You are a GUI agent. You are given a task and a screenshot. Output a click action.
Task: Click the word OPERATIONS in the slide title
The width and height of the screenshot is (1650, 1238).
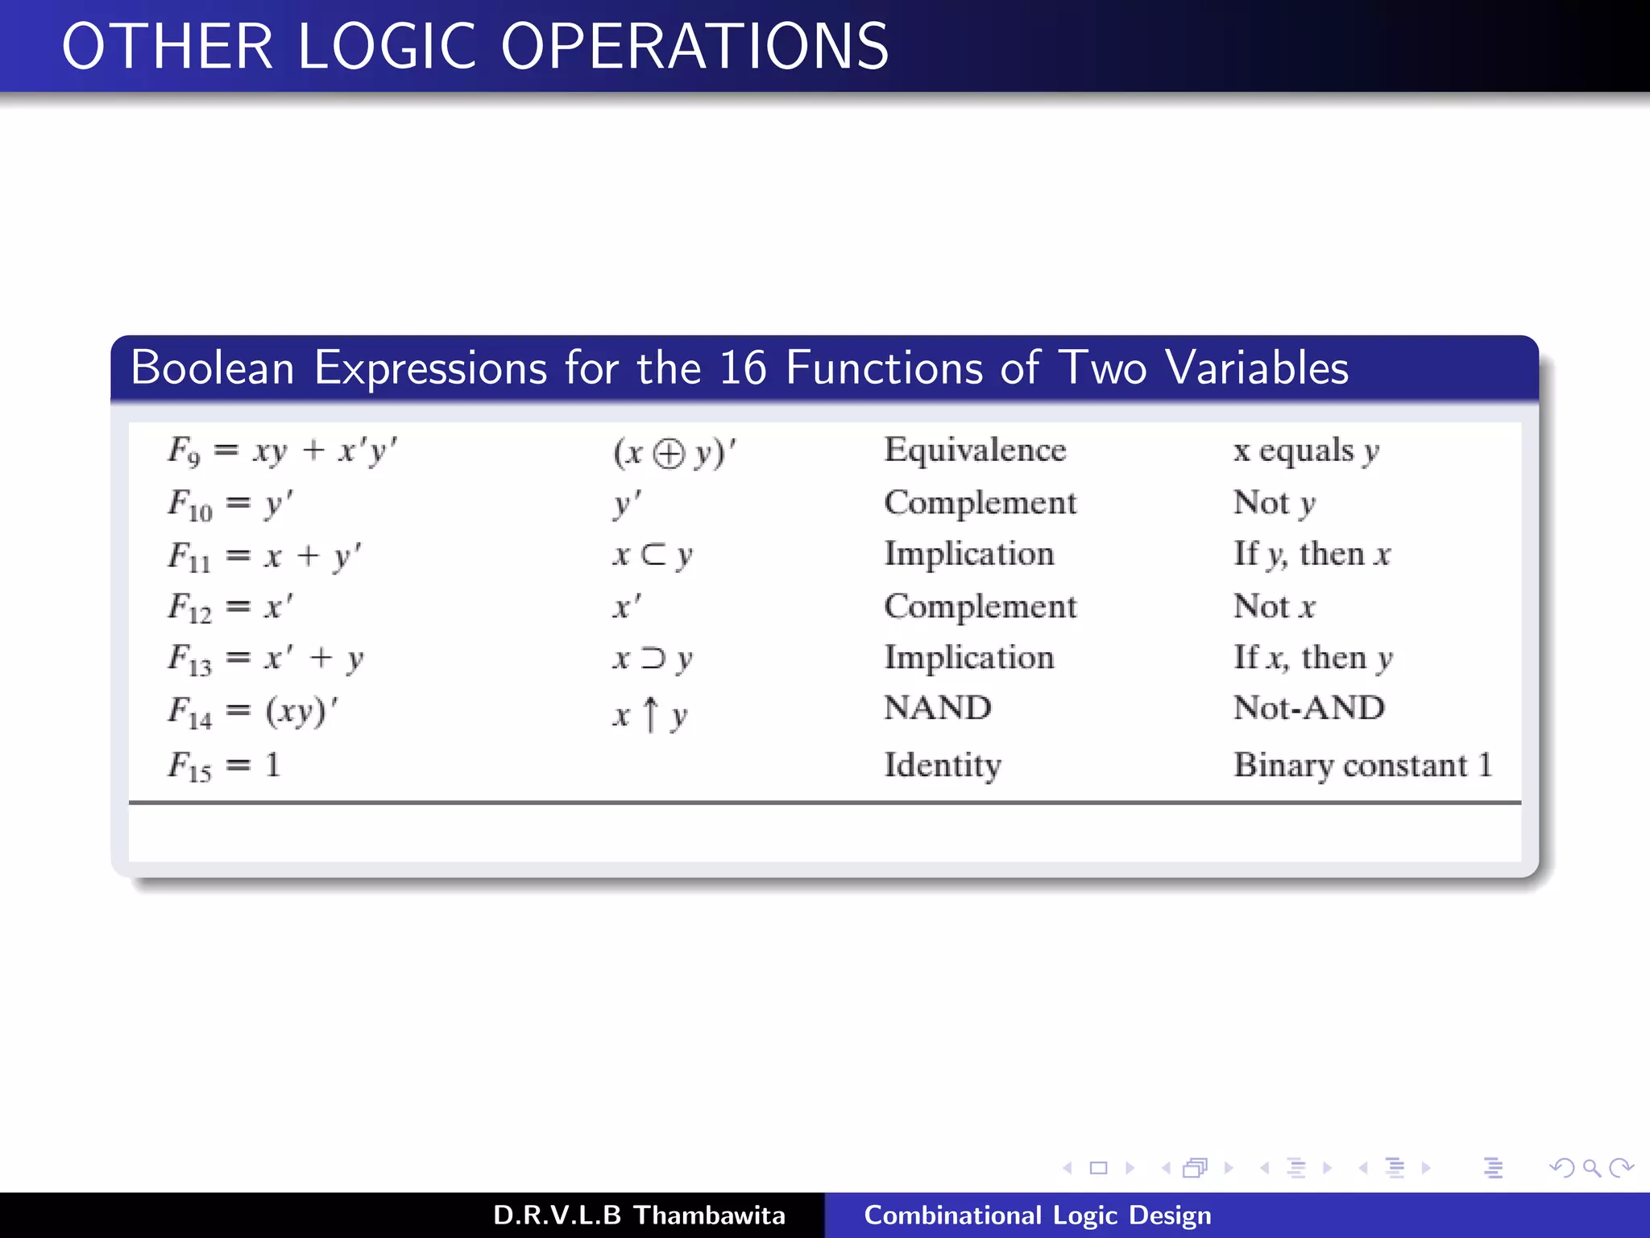(x=694, y=47)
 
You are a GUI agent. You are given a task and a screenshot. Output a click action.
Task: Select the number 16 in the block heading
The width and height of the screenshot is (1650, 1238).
(x=742, y=368)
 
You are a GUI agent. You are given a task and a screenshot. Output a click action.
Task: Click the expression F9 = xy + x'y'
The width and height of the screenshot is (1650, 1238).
(x=282, y=451)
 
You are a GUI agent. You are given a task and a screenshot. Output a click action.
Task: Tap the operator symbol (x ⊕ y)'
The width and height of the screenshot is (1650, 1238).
(x=674, y=452)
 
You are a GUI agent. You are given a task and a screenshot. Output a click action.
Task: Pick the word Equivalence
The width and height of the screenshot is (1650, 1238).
(x=975, y=450)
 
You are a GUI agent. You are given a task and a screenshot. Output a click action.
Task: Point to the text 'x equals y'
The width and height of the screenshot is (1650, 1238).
(x=1306, y=451)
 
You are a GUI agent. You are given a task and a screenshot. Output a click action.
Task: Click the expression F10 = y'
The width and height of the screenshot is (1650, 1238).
(x=230, y=504)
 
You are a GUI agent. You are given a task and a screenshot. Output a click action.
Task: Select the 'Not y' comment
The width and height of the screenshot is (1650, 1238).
(x=1274, y=503)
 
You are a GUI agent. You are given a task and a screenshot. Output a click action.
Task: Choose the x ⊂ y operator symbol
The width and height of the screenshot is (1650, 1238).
(x=652, y=555)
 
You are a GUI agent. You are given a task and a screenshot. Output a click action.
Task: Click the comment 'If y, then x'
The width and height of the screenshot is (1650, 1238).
(x=1312, y=555)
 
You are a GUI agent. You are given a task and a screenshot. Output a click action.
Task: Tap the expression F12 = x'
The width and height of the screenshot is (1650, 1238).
(x=230, y=607)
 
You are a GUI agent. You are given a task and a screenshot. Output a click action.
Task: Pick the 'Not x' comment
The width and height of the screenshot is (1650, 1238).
(x=1274, y=606)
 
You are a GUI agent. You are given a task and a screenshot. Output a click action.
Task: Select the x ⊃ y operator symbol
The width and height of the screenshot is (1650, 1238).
(x=652, y=658)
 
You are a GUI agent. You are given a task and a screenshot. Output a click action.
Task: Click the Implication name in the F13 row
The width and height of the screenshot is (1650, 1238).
(x=968, y=658)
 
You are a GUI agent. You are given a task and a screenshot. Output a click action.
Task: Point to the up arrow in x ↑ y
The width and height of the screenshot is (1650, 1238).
(x=651, y=714)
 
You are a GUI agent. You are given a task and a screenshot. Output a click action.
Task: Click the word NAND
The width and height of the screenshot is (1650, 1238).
(x=937, y=708)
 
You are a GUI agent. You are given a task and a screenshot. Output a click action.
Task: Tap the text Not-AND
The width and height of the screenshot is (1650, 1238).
(x=1308, y=708)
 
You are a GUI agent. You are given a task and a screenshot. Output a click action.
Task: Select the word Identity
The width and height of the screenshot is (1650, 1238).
(x=943, y=765)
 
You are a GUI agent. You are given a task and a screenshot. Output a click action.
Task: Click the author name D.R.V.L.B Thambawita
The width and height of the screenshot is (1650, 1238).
(x=639, y=1215)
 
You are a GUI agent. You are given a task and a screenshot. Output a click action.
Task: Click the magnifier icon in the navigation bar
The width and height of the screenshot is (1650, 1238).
(x=1590, y=1168)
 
